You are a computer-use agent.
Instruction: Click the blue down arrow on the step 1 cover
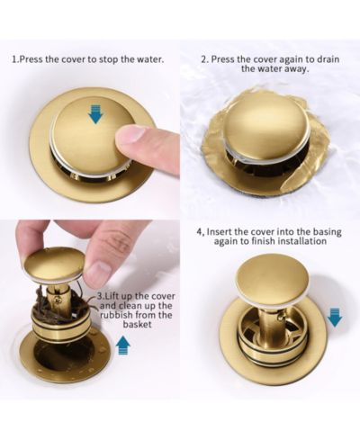pos(96,114)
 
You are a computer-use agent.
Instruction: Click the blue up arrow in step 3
pos(122,345)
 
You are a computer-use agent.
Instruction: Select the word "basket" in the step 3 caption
pos(137,325)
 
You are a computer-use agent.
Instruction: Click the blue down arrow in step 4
pos(334,318)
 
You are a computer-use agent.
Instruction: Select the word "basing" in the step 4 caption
pos(328,232)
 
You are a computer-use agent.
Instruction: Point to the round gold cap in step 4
pos(273,276)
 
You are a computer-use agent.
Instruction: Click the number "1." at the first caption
pos(15,59)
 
